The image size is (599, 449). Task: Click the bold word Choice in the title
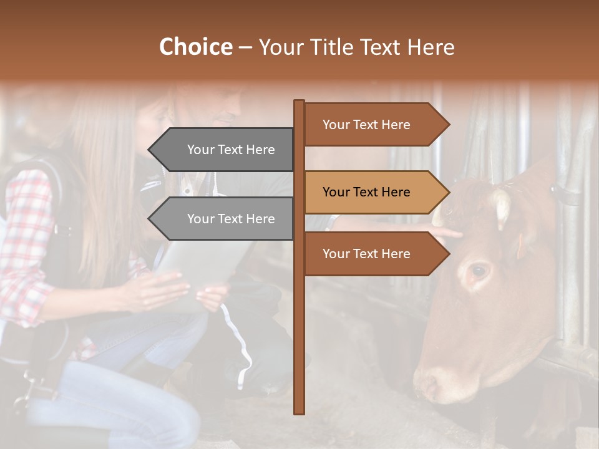click(x=195, y=47)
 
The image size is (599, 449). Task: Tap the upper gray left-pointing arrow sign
click(x=225, y=150)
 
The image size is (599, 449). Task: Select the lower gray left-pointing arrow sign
click(x=225, y=219)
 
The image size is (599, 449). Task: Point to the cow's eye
click(x=479, y=271)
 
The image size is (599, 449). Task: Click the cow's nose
click(x=431, y=380)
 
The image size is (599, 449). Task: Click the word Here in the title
click(x=431, y=47)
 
